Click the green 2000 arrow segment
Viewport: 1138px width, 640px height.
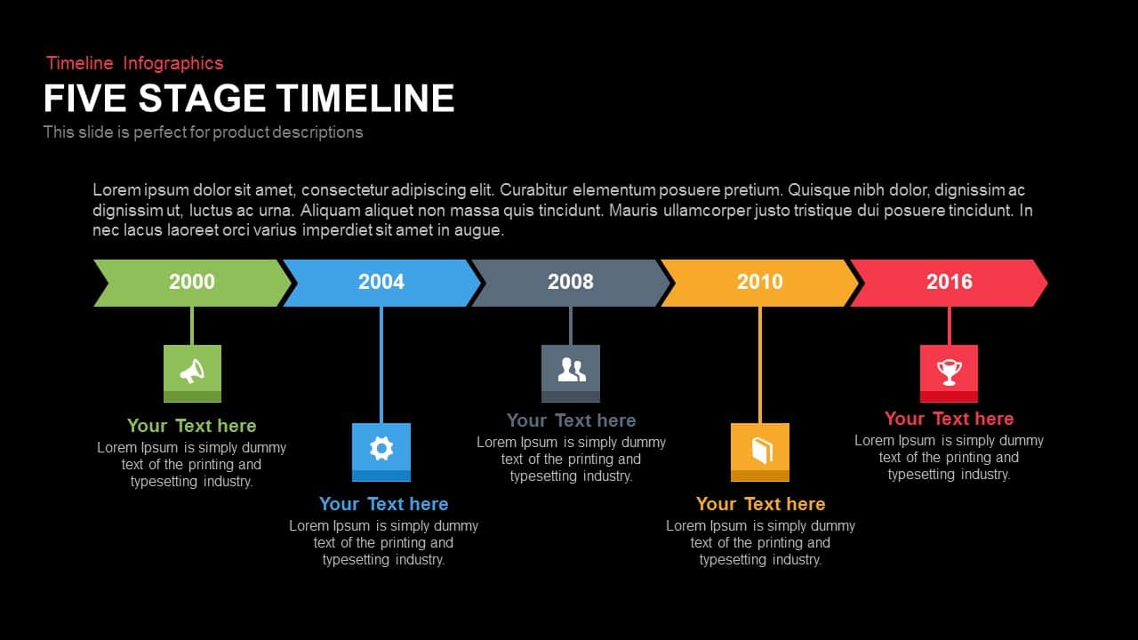[x=192, y=283]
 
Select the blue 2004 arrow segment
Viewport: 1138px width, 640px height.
[x=381, y=283]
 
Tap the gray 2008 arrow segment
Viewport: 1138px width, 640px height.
[x=571, y=283]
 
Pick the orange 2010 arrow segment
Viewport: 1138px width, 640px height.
[x=760, y=283]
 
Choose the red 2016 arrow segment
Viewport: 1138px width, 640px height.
[x=950, y=283]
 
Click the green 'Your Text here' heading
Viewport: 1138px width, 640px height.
[x=191, y=426]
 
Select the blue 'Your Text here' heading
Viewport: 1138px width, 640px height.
[x=383, y=504]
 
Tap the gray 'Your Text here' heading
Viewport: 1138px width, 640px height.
[x=571, y=420]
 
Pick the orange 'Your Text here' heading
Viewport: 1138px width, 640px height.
[x=760, y=504]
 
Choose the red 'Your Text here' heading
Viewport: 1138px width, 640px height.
[x=949, y=419]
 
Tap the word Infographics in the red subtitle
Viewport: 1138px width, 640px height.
[x=173, y=63]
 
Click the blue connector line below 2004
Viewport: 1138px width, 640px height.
[x=381, y=364]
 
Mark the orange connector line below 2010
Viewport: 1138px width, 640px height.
[x=760, y=364]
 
